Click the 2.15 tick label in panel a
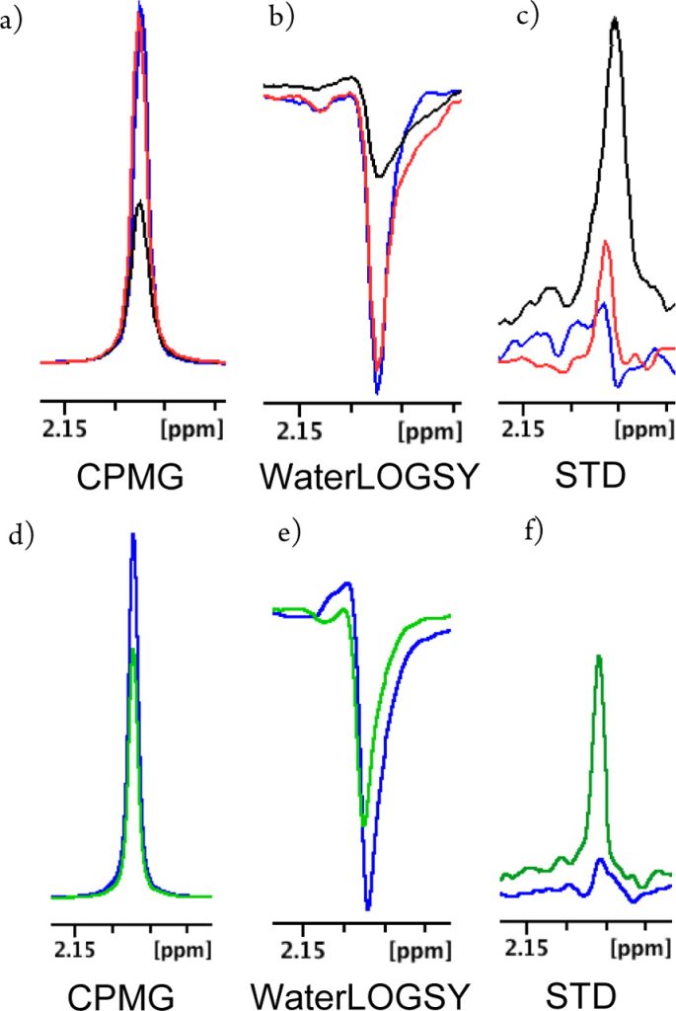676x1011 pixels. tap(66, 430)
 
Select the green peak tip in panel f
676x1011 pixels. tap(598, 656)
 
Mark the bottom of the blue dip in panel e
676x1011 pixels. tap(368, 907)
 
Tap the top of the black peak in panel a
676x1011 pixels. tap(142, 201)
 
